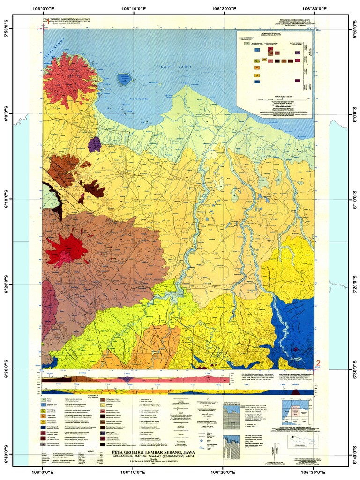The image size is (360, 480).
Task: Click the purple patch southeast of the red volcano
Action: pyautogui.click(x=94, y=144)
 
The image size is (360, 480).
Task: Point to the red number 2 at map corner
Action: pyautogui.click(x=319, y=362)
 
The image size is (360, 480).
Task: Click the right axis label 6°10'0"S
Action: pyautogui.click(x=354, y=199)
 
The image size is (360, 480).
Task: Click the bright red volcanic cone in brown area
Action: pyautogui.click(x=67, y=248)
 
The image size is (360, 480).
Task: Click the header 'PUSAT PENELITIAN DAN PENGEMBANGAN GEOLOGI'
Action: pyautogui.click(x=66, y=19)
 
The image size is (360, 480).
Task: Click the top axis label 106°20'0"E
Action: pyautogui.click(x=224, y=8)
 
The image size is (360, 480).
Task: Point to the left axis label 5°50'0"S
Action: pyautogui.click(x=7, y=29)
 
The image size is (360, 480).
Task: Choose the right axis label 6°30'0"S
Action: pyautogui.click(x=354, y=369)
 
